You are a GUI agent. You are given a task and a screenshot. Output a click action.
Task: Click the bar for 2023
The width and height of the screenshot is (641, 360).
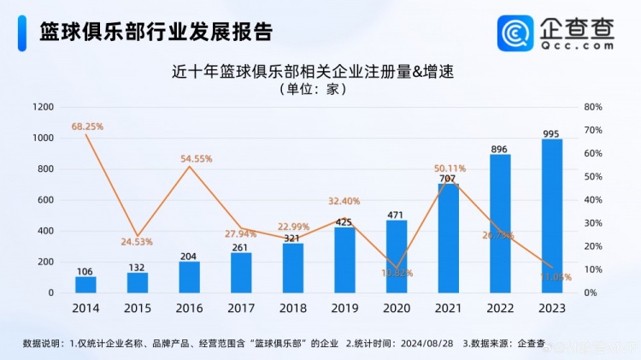tap(552, 216)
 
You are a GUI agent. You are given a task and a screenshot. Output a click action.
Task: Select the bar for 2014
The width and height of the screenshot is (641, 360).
tap(85, 285)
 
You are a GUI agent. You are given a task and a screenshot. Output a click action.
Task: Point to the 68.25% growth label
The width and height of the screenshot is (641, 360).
tap(87, 127)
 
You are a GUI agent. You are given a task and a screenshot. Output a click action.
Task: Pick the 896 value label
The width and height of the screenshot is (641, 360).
tap(499, 149)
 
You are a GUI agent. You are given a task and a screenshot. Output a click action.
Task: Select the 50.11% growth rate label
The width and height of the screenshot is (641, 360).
tap(450, 168)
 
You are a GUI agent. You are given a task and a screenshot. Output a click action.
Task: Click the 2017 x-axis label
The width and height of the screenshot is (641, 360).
tap(241, 308)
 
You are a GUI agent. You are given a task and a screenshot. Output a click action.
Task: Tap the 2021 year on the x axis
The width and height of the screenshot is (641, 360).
tap(448, 308)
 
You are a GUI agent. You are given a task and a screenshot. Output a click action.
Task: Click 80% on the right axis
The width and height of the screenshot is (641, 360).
tap(593, 107)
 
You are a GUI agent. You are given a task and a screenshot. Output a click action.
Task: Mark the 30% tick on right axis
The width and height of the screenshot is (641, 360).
tap(593, 223)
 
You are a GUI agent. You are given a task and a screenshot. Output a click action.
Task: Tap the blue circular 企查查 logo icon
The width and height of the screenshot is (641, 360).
tap(517, 34)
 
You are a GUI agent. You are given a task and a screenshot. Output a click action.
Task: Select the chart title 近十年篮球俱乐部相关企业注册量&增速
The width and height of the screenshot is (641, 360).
tap(312, 72)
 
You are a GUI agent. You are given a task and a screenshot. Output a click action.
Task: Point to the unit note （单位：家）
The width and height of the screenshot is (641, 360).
tap(312, 89)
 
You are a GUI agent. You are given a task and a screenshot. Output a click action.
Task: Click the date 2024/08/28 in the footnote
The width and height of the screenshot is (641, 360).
tap(424, 344)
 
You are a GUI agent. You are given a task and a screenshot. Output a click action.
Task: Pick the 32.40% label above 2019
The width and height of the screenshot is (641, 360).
tap(344, 201)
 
